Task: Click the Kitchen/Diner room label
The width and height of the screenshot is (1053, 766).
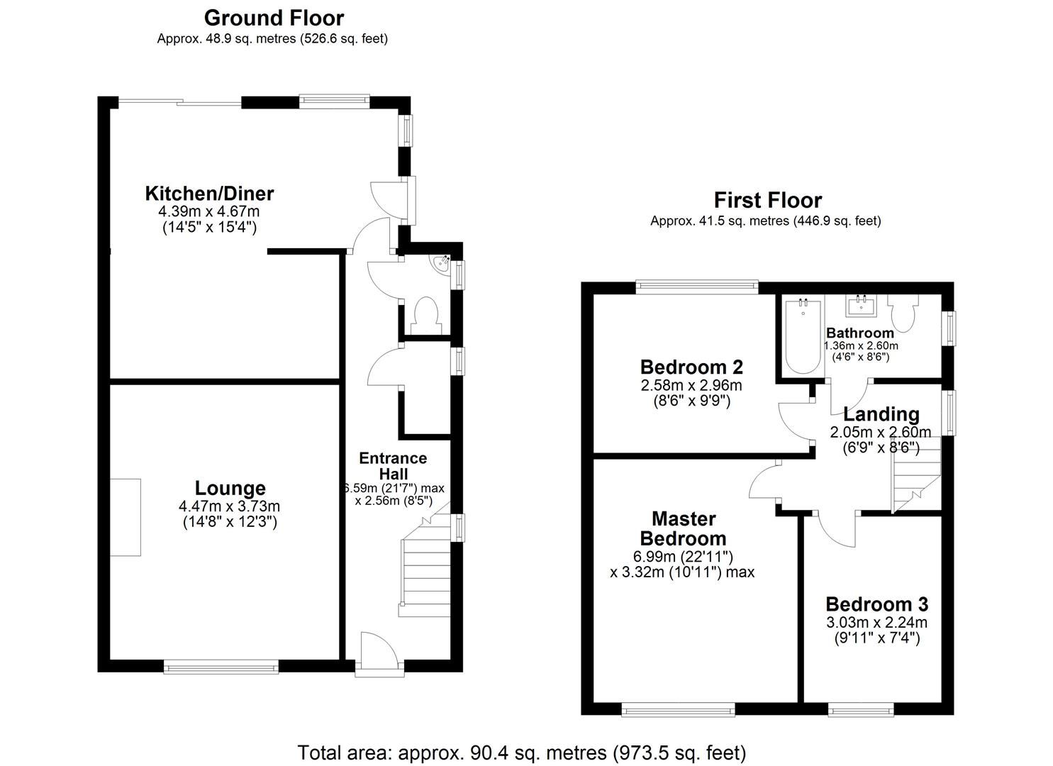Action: (209, 193)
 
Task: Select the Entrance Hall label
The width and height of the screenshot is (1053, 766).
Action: (393, 466)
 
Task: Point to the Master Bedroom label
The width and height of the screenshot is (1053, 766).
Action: (683, 528)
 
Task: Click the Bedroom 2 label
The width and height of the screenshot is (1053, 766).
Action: (691, 367)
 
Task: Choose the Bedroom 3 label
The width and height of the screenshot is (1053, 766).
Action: (876, 604)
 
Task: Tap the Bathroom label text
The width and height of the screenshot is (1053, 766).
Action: (860, 333)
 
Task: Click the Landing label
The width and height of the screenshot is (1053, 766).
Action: (881, 414)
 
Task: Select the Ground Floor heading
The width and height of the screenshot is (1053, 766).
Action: (274, 18)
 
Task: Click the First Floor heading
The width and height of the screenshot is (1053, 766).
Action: (767, 200)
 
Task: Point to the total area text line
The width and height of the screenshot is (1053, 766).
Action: (521, 752)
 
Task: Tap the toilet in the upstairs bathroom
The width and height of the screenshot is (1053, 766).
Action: (903, 311)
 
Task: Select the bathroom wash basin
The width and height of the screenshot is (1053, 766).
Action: (862, 306)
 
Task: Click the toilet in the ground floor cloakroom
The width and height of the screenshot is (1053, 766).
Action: (426, 315)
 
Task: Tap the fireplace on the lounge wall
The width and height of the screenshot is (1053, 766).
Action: (126, 517)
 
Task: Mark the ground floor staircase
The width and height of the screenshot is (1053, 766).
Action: (425, 567)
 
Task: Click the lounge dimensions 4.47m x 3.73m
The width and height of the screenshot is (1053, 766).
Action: (230, 506)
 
